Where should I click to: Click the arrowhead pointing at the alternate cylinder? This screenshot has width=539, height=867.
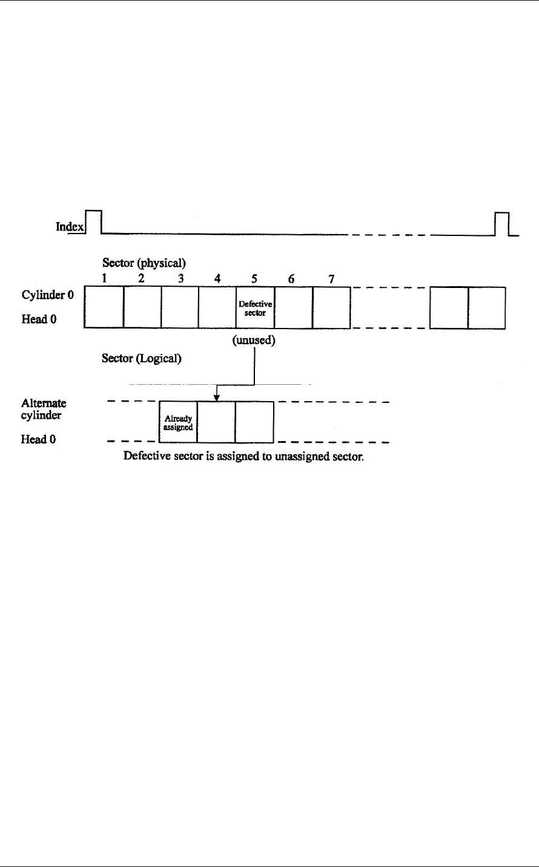pyautogui.click(x=217, y=397)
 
